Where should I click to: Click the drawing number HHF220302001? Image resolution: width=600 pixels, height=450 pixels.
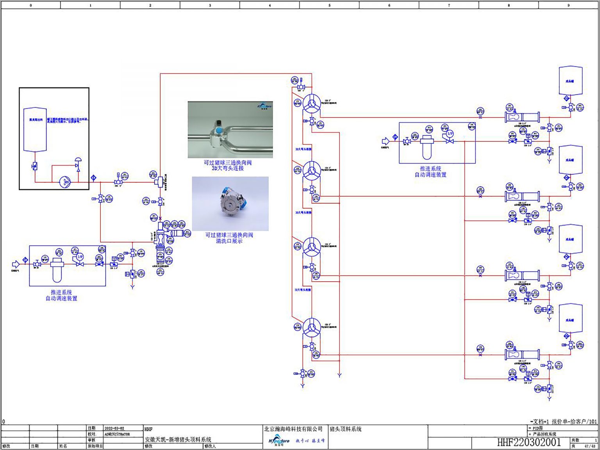529,442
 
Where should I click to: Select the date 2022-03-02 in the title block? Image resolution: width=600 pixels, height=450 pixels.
114,428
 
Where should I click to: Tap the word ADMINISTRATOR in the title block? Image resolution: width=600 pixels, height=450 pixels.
117,434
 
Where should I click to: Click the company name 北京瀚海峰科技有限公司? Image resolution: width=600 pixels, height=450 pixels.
293,429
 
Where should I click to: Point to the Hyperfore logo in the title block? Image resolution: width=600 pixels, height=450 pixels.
279,441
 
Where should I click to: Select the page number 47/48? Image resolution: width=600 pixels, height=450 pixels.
590,446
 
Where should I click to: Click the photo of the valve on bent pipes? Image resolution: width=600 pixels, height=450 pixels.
230,130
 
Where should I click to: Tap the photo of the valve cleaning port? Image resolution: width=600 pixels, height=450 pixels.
230,204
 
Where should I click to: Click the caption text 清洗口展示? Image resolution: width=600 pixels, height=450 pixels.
229,241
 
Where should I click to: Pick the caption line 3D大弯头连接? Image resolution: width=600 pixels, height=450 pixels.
228,168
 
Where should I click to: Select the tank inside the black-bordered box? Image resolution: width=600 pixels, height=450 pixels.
35,129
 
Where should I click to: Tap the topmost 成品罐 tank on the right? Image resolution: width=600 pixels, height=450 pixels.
570,81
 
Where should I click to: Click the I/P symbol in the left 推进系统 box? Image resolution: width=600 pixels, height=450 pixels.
80,257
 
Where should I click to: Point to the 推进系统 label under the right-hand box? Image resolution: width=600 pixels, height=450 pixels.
430,169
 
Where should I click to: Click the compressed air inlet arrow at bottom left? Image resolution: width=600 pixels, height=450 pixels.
16,264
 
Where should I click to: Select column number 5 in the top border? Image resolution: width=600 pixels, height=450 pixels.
329,5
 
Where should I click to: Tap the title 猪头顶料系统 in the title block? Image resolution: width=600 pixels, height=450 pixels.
346,429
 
